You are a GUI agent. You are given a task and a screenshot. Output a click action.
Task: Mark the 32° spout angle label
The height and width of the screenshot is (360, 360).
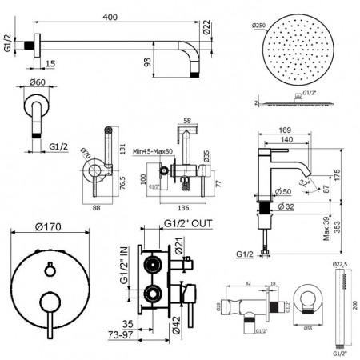coord(298,183)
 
